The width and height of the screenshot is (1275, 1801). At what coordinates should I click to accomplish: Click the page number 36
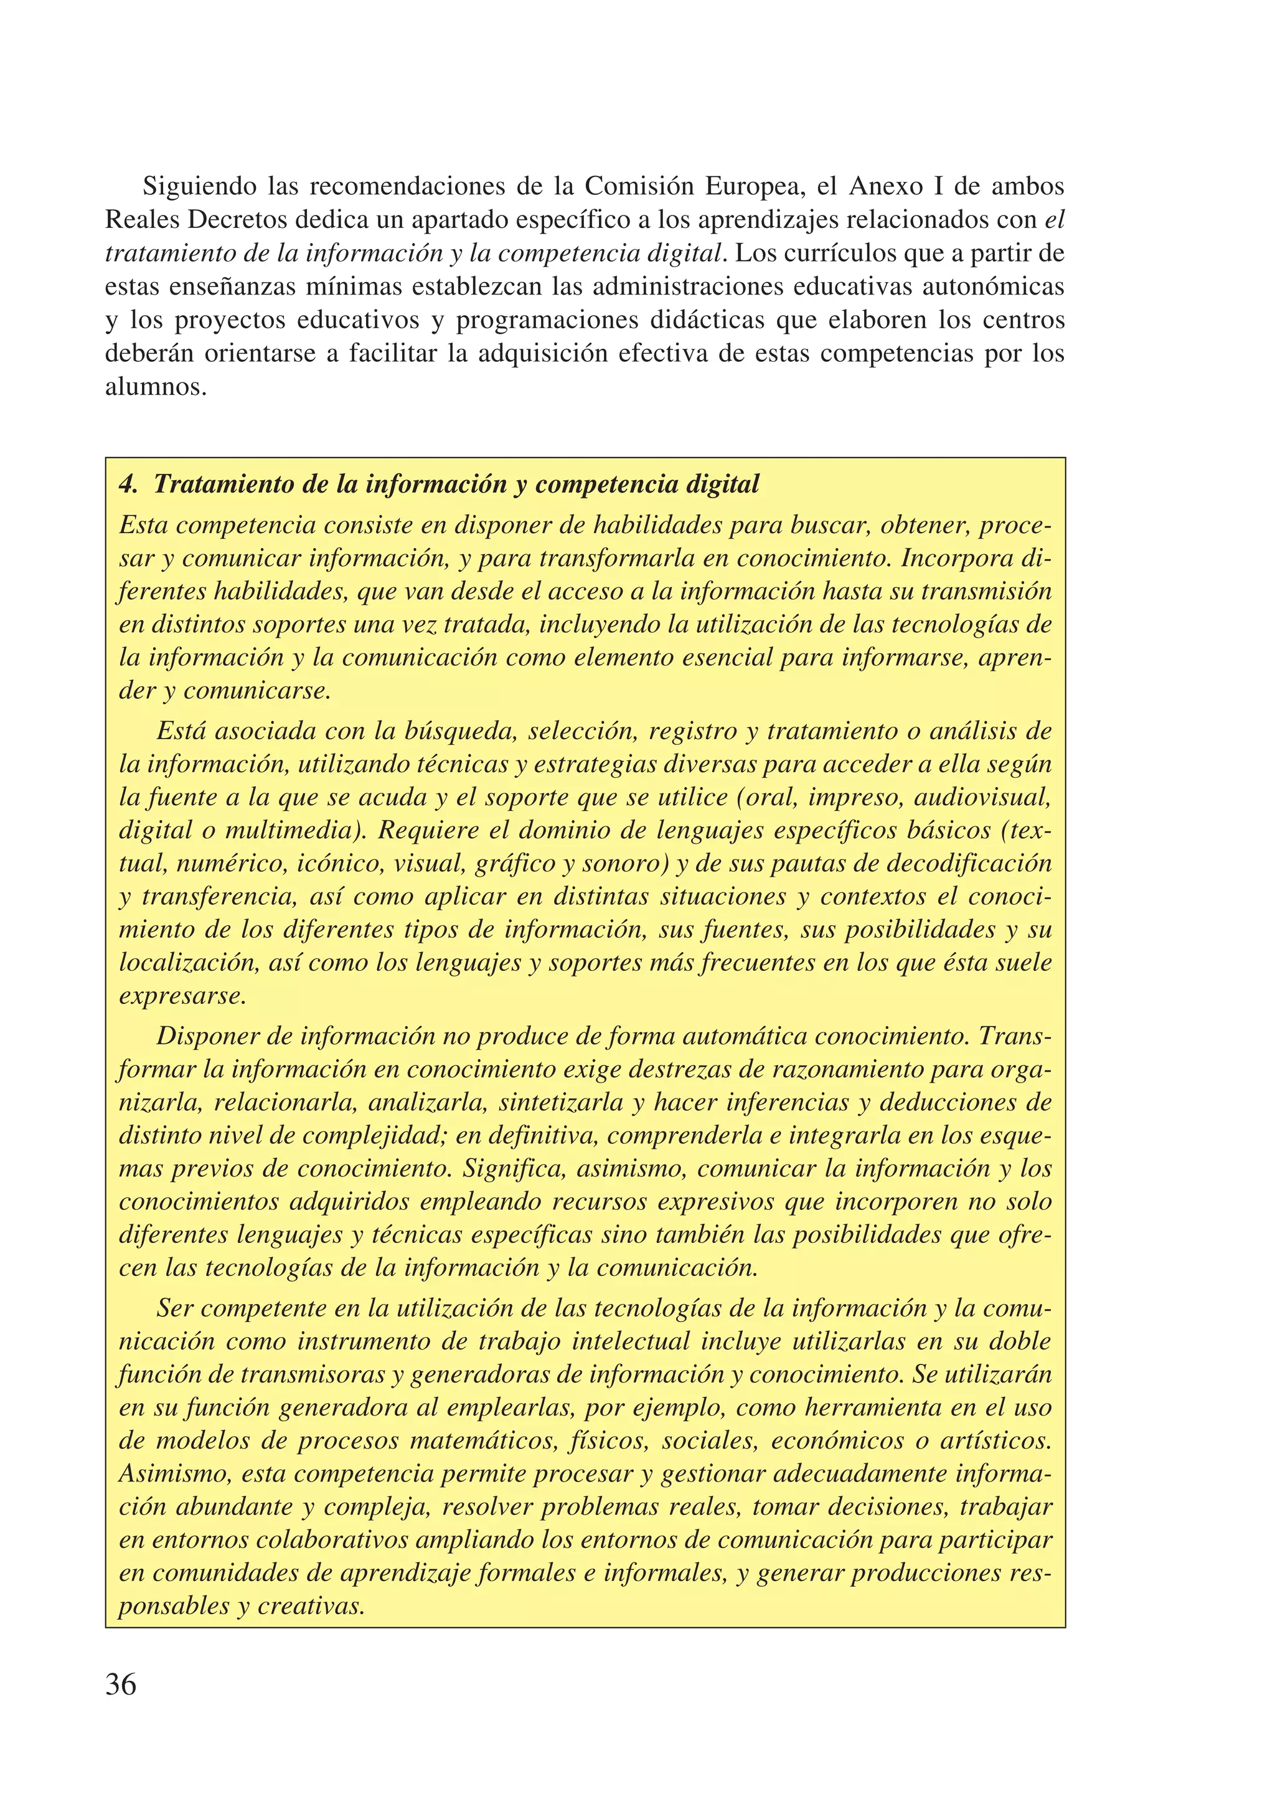(x=121, y=1685)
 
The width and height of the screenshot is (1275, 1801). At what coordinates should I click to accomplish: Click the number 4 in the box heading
(x=127, y=485)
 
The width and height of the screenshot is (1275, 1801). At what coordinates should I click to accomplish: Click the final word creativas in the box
(x=312, y=1606)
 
